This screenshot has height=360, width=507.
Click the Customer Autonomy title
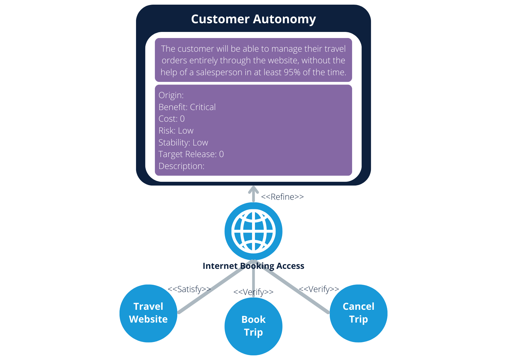click(x=253, y=19)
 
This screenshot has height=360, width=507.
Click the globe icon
click(x=253, y=231)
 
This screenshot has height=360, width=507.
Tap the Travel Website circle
click(x=148, y=313)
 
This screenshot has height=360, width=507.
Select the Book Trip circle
click(x=253, y=326)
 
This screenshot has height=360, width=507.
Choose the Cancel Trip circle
click(x=358, y=313)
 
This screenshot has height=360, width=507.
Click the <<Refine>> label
click(x=282, y=197)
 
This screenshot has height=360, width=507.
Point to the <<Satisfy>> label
click(x=189, y=289)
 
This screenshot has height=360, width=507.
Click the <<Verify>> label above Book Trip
click(x=253, y=292)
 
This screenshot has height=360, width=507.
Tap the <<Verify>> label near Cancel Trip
click(x=319, y=289)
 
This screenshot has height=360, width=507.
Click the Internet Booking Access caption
click(x=253, y=266)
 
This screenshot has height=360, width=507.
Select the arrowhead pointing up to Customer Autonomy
click(x=253, y=190)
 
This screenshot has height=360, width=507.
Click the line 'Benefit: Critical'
click(x=187, y=107)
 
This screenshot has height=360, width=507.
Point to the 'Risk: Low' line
click(x=176, y=131)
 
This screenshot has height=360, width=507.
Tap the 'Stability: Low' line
click(x=183, y=143)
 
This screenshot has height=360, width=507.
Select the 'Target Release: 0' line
click(x=191, y=154)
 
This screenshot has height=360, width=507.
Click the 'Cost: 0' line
click(x=171, y=119)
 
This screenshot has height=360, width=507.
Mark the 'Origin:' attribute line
click(x=171, y=95)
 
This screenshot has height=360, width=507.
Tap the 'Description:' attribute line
click(x=181, y=166)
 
